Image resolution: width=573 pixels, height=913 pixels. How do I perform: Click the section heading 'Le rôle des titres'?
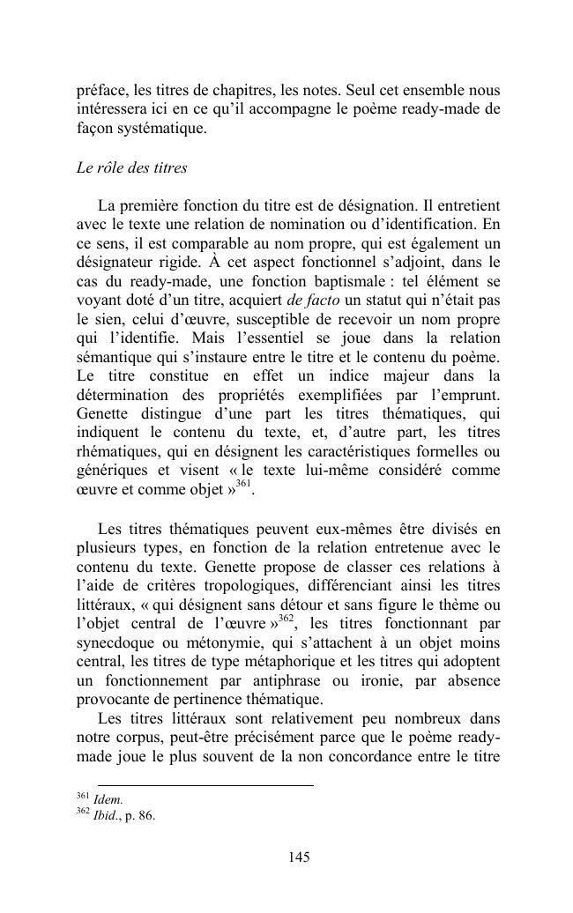coord(131,167)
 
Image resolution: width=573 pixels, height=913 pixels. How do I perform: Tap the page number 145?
coord(299,857)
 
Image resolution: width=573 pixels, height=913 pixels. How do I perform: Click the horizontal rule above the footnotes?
coord(205,784)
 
